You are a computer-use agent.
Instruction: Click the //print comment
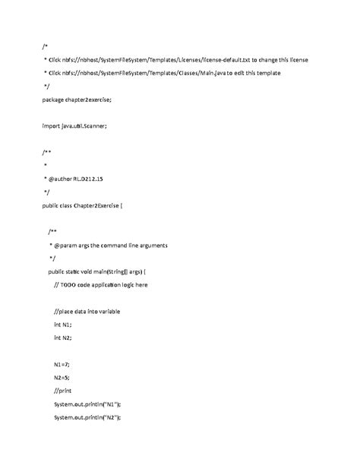pos(63,391)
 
